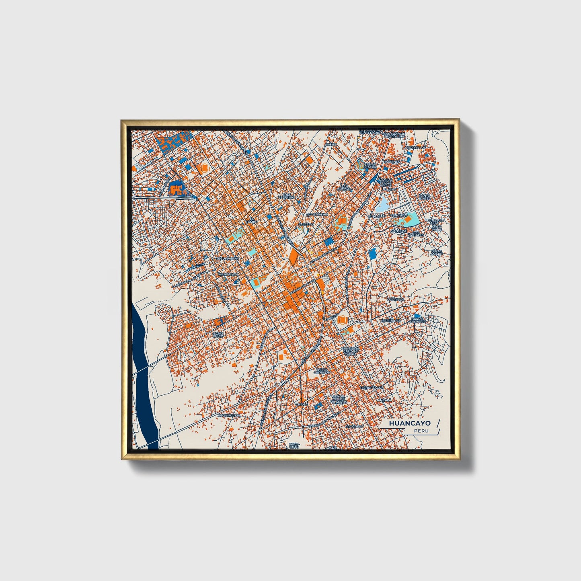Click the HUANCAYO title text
409,423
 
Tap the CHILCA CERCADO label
322,371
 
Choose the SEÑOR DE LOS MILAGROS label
339,399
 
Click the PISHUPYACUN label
372,388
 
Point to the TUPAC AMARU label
436,253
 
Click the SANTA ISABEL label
425,197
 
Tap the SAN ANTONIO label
345,187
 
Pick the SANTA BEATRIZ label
370,165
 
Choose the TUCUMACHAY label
228,259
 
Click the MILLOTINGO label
228,274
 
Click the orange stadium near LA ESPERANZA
342,320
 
